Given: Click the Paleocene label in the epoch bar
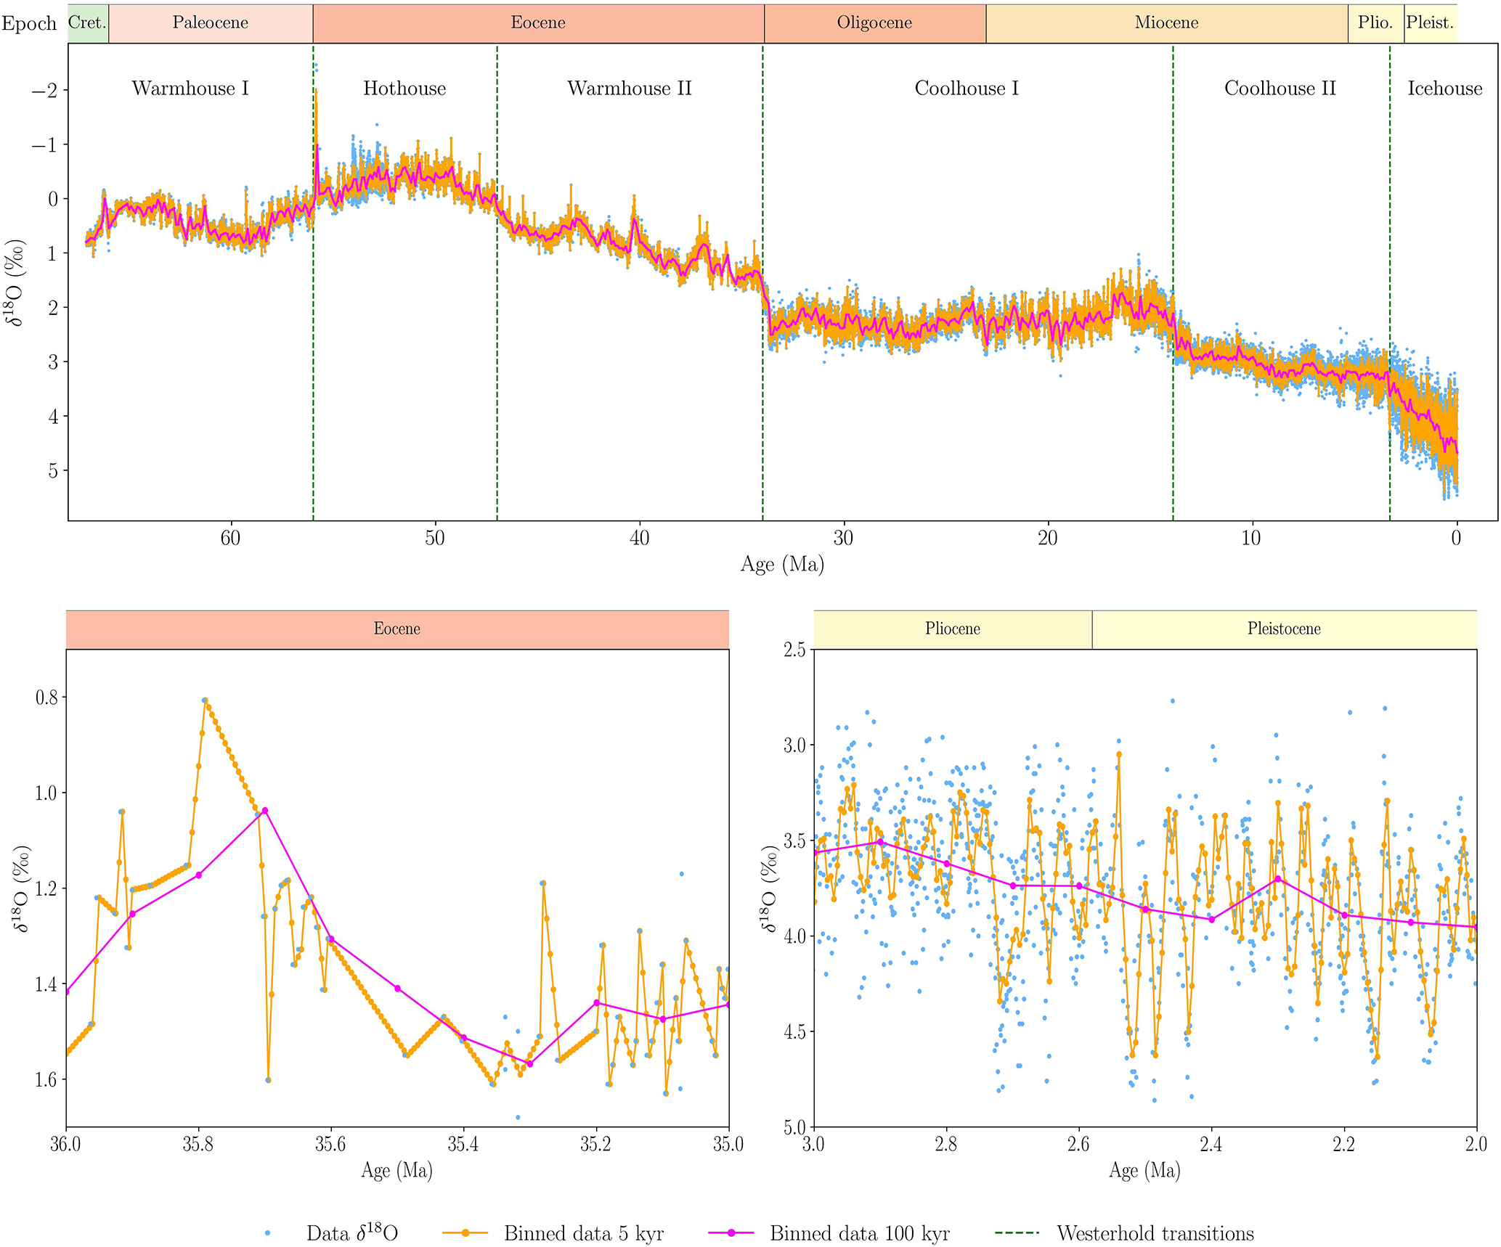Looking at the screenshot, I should (210, 23).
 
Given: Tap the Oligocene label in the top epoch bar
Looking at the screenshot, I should (874, 23).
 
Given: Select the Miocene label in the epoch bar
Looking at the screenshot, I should (1166, 23).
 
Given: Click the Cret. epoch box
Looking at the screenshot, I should (88, 23).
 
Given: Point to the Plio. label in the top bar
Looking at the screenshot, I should (1375, 23).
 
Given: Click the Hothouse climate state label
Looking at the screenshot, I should (404, 89).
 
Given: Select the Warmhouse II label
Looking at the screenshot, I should (629, 89).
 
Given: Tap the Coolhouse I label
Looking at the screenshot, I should (966, 89).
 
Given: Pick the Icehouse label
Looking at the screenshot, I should (1444, 89).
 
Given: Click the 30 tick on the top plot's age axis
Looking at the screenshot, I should (843, 538).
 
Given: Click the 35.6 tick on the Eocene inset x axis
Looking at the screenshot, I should (330, 1145).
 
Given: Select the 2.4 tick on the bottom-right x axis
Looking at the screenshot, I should (1211, 1145).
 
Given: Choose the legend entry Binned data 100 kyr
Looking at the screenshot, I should (859, 1233).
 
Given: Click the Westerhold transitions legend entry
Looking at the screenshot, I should (1155, 1233).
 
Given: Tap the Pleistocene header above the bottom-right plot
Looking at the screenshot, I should (1284, 629).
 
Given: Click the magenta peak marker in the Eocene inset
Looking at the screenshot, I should (265, 810).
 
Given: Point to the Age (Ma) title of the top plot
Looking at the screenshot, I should (782, 564).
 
